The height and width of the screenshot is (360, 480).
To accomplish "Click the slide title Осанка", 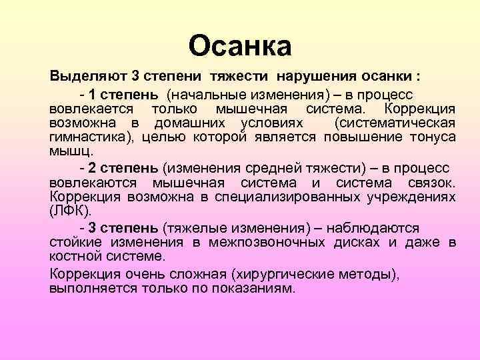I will pyautogui.click(x=240, y=46).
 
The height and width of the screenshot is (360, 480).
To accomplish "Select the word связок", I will pyautogui.click(x=430, y=182).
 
